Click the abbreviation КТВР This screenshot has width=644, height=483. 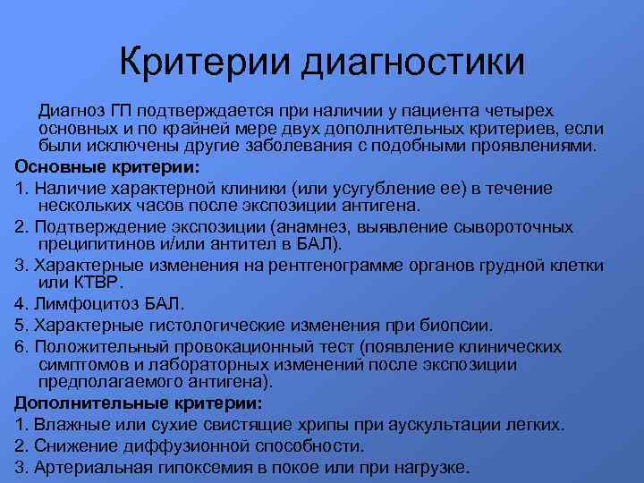(89, 284)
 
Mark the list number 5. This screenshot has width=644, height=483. (21, 326)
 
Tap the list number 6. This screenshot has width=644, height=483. (21, 346)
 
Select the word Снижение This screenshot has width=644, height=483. (78, 445)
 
